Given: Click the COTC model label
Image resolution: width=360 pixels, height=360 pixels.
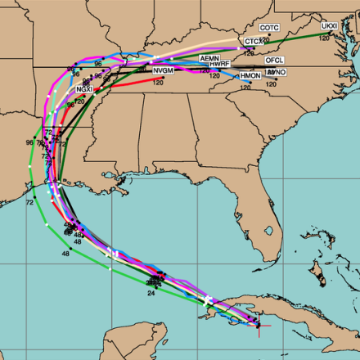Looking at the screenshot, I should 270,28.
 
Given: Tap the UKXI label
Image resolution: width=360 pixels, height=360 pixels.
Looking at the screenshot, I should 329,26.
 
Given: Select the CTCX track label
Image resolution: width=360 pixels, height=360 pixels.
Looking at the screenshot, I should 254,41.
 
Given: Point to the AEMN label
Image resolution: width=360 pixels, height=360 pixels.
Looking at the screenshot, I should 209,59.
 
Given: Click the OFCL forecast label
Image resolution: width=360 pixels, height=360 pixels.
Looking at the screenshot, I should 274,61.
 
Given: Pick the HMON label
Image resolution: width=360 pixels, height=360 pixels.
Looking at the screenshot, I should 250,76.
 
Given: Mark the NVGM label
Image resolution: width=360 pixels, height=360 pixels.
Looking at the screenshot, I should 163,71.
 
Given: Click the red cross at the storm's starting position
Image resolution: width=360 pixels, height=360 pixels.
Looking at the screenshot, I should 259,326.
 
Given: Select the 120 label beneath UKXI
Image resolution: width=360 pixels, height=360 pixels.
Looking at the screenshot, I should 324,38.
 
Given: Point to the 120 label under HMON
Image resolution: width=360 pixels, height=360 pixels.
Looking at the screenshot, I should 245,87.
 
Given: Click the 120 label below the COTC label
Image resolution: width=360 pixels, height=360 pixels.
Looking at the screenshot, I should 265,38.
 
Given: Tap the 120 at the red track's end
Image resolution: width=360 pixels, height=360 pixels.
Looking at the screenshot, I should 159,82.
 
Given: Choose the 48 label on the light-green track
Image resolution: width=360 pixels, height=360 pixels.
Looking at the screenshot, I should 65,254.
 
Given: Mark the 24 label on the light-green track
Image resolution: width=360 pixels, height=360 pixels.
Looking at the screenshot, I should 151,292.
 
